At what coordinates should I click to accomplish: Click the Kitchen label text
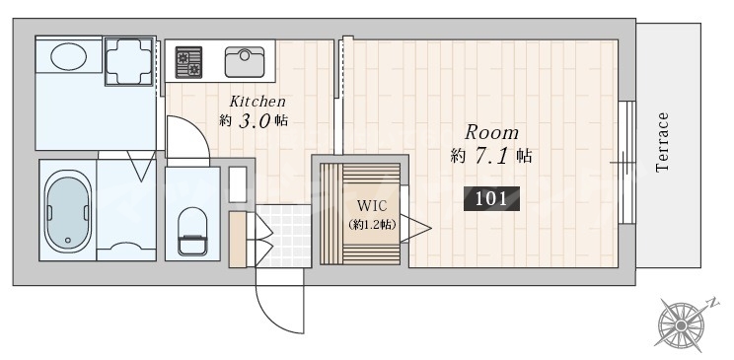[x=257, y=102]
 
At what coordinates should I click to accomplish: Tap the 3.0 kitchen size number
[x=255, y=121]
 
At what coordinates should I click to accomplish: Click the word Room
[x=491, y=133]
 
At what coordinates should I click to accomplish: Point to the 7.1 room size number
[x=491, y=156]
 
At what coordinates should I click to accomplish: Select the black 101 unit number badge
[x=491, y=199]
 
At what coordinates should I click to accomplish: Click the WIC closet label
[x=372, y=206]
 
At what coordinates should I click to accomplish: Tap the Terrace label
[x=662, y=142]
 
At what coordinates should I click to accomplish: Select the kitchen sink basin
[x=245, y=61]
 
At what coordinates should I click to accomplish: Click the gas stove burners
[x=188, y=62]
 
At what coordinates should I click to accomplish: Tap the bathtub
[x=68, y=212]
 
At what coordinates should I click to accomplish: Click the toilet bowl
[x=192, y=232]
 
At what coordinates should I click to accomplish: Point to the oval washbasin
[x=68, y=56]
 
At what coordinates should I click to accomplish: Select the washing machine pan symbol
[x=129, y=61]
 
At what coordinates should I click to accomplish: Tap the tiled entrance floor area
[x=284, y=236]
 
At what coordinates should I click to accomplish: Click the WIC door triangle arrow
[x=415, y=229]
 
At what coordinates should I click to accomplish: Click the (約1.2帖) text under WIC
[x=373, y=225]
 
